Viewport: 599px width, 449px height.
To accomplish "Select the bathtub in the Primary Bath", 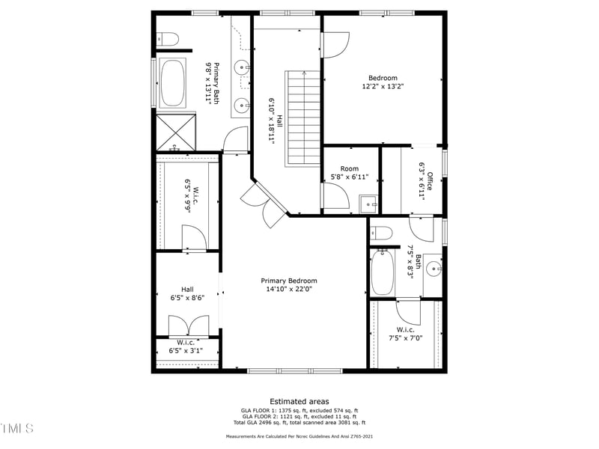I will pos(173,82).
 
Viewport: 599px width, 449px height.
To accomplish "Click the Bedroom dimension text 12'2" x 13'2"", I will pos(383,87).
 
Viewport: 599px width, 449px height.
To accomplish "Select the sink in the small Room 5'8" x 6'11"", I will pos(368,203).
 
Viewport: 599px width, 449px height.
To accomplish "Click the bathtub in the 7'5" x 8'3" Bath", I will pos(383,272).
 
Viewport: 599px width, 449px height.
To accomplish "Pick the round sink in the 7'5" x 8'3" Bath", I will pos(434,268).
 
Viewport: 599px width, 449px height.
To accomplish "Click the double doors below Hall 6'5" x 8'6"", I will pos(188,327).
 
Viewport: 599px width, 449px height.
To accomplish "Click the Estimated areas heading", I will pos(299,402).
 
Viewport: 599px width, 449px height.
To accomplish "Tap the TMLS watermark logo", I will pos(17,428).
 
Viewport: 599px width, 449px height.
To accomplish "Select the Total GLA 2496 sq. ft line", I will pos(299,423).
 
